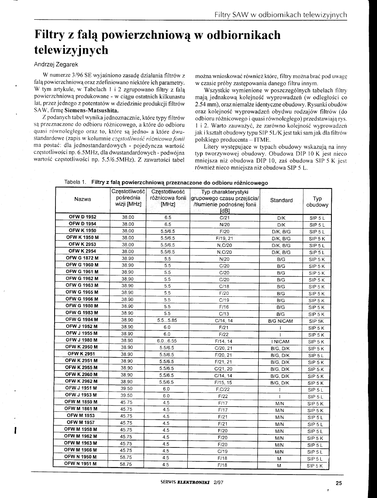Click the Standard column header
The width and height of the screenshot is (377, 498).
click(x=281, y=200)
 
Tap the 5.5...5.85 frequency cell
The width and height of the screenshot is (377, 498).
click(x=167, y=321)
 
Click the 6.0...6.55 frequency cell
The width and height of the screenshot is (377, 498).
click(x=167, y=342)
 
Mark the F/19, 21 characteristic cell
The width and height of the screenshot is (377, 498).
click(x=224, y=238)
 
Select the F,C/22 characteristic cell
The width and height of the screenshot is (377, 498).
click(x=224, y=389)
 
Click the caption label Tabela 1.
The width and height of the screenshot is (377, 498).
click(x=76, y=182)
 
